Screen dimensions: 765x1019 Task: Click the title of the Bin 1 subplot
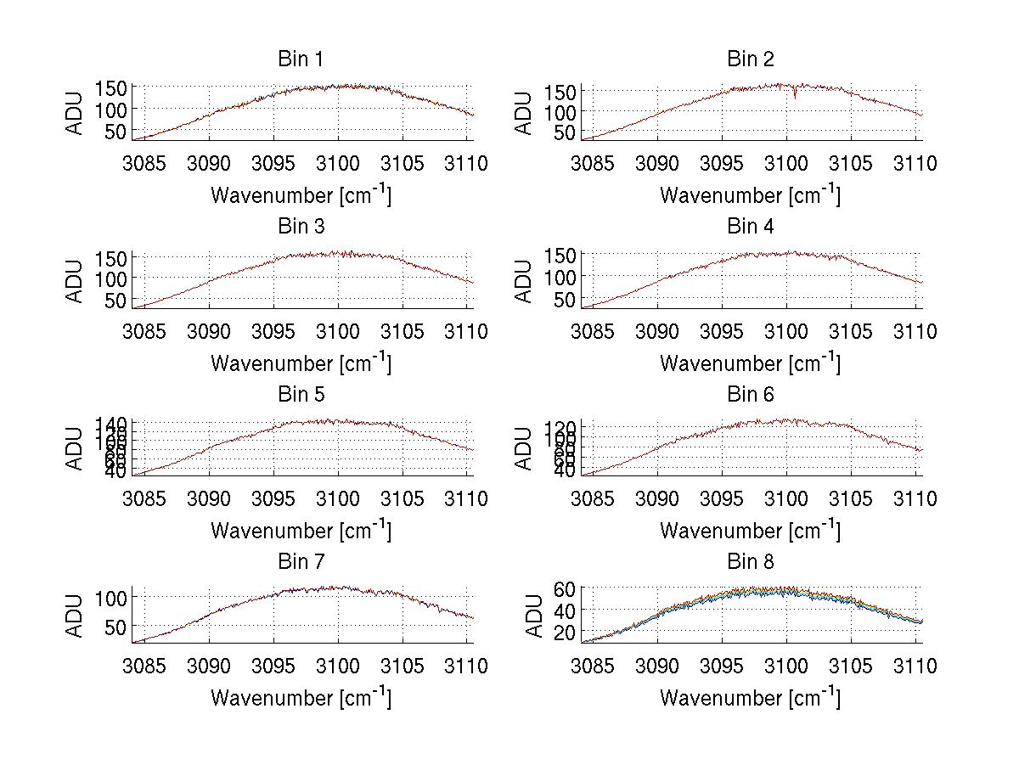(301, 59)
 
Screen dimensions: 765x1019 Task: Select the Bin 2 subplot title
(751, 59)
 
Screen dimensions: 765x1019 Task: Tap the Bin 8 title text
(751, 561)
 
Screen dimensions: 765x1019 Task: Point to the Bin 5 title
(301, 394)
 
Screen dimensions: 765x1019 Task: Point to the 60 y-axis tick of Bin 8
(566, 588)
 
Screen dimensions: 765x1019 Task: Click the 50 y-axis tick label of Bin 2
(566, 133)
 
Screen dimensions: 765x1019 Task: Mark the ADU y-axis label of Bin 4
(525, 281)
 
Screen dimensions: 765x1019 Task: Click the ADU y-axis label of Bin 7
(76, 616)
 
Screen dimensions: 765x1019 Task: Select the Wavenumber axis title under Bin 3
(301, 363)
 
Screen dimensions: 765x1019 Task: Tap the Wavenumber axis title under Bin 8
(751, 698)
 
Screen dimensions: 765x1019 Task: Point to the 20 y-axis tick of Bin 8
(566, 632)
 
